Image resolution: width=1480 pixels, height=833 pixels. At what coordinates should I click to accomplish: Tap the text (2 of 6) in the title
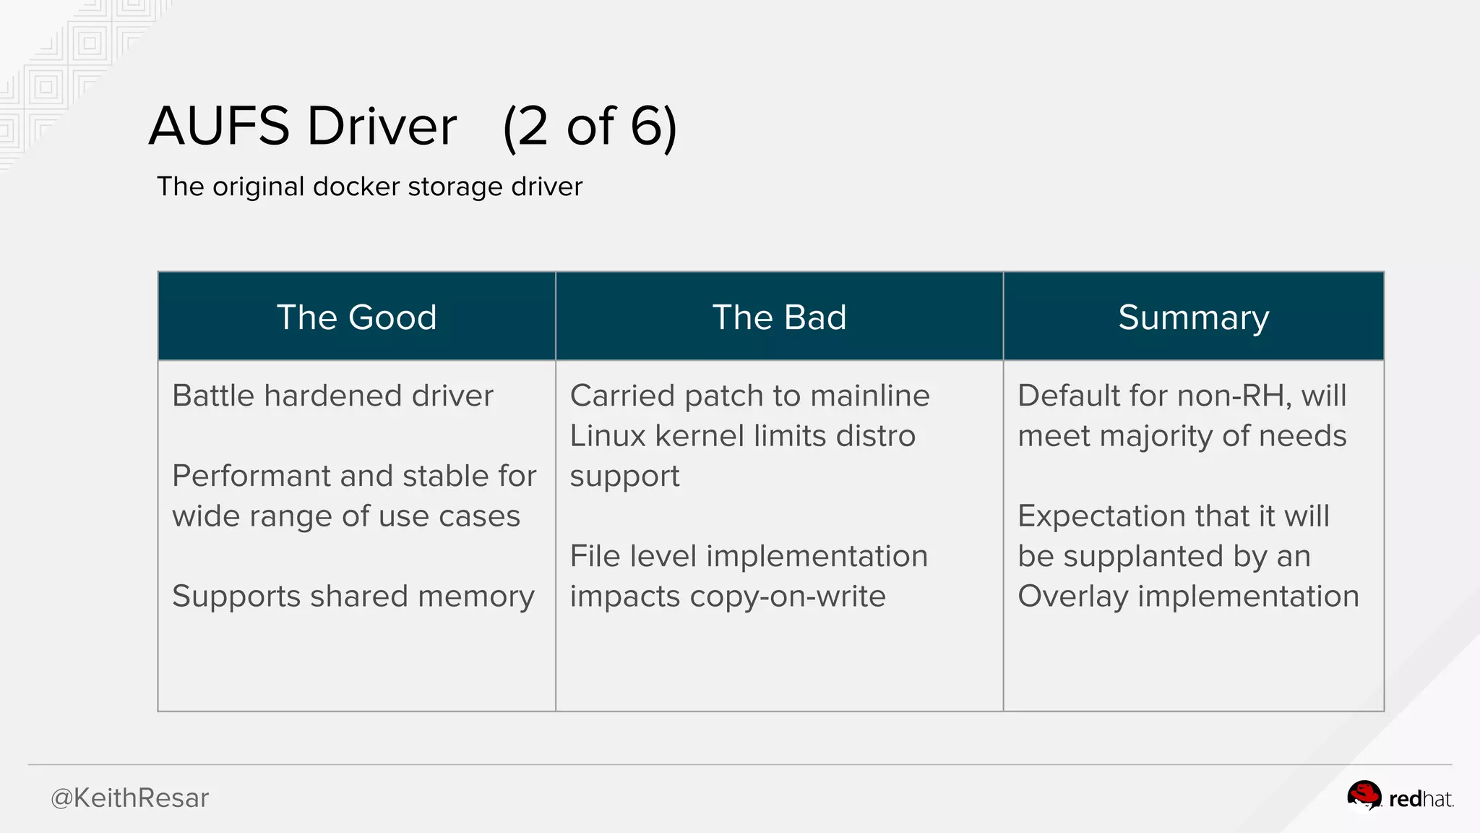(x=590, y=127)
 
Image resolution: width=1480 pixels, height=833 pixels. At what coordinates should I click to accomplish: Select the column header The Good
(x=356, y=317)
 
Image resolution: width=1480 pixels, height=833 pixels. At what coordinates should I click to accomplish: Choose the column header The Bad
(x=779, y=317)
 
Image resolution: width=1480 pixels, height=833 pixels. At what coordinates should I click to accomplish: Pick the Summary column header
(x=1193, y=317)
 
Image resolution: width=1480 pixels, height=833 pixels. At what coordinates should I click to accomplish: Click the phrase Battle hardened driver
(x=332, y=396)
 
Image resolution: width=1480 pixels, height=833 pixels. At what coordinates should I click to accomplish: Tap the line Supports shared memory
(x=353, y=596)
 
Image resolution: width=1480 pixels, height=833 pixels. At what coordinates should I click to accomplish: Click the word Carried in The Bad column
(x=621, y=396)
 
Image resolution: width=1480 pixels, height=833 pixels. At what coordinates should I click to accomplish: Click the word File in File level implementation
(x=594, y=556)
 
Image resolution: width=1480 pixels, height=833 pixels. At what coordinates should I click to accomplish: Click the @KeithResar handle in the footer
(x=129, y=798)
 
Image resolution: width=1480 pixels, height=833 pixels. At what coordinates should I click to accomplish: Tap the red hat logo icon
(x=1364, y=796)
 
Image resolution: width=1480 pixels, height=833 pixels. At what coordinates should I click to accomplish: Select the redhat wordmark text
(x=1421, y=799)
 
